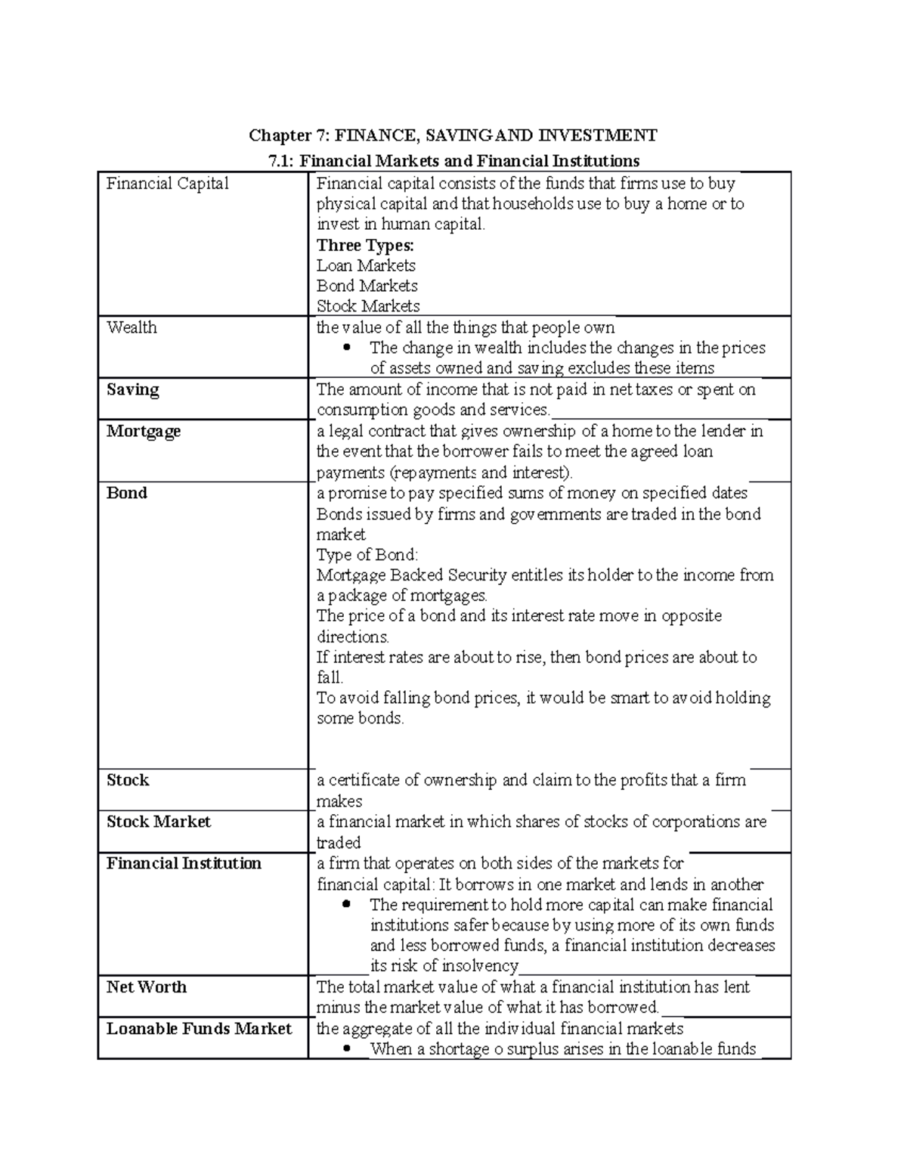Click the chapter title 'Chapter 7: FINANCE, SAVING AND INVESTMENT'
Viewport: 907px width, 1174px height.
453,135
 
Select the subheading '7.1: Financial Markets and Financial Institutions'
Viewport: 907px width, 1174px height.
454,160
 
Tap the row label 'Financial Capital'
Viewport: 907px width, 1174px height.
167,184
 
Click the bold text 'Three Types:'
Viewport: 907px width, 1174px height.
365,245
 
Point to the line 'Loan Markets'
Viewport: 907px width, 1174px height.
366,265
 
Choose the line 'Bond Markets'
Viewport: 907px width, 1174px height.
367,286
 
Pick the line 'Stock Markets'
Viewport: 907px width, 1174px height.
368,306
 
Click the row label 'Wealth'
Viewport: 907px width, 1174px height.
132,327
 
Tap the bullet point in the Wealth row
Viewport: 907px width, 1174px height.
348,348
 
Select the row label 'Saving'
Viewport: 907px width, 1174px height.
133,390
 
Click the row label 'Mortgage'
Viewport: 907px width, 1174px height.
144,431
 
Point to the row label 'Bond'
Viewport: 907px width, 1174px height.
126,493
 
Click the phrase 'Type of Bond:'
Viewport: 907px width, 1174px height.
367,555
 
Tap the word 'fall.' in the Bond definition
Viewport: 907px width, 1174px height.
330,677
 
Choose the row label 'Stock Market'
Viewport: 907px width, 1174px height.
159,822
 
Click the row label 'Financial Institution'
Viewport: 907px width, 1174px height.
184,863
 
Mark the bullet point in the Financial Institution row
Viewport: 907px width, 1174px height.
348,905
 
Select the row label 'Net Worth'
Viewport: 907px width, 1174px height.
147,987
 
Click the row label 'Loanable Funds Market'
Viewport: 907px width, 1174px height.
199,1029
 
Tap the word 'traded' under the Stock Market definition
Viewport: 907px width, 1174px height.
339,843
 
